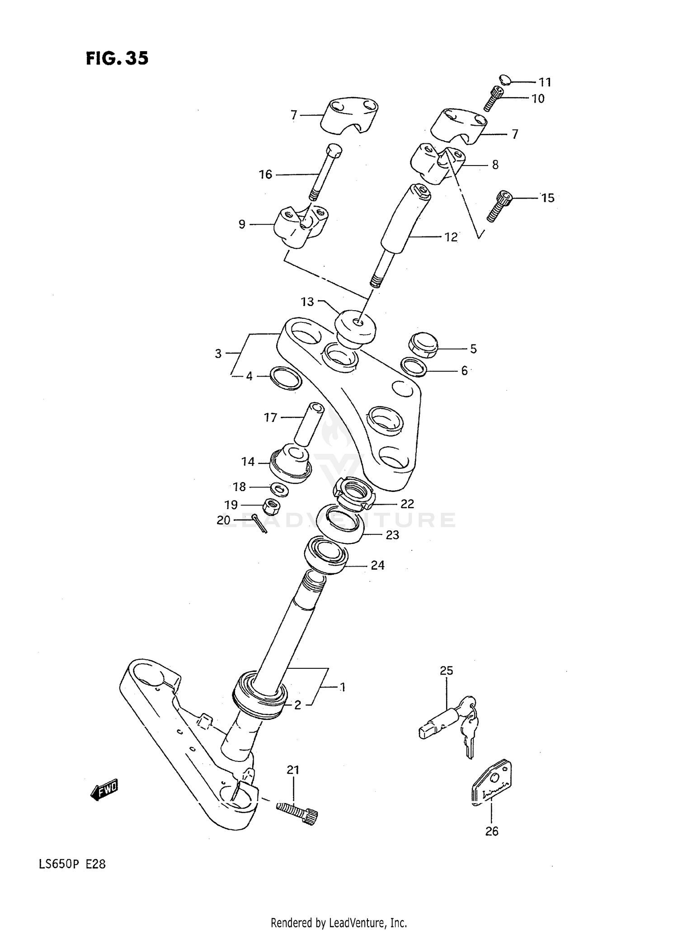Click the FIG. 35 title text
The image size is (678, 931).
[x=117, y=59]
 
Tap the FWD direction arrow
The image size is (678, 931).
[x=104, y=790]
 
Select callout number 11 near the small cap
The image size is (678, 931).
[x=545, y=82]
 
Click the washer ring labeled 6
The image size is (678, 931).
[x=415, y=367]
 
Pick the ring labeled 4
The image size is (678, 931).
[x=285, y=378]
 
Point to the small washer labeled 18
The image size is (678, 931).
[x=279, y=488]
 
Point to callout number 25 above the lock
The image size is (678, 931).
[x=446, y=670]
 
